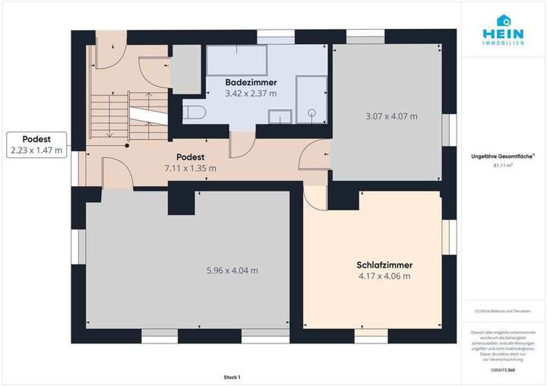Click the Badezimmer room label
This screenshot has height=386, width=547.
[x=251, y=82]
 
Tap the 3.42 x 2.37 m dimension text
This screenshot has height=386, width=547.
[x=251, y=93]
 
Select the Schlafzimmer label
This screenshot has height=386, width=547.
[x=384, y=265]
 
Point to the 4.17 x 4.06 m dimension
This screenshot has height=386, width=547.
[x=384, y=277]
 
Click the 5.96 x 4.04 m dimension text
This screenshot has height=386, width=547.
[x=232, y=271]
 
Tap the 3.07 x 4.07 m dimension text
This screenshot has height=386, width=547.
[x=391, y=116]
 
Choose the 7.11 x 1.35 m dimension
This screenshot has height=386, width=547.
[x=190, y=168]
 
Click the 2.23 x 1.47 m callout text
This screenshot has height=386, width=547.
[x=36, y=150]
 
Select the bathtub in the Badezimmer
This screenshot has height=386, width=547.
[x=236, y=59]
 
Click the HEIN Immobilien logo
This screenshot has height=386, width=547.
[x=503, y=30]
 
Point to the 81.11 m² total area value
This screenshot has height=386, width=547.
[x=503, y=163]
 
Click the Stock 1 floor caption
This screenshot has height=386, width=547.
[x=232, y=378]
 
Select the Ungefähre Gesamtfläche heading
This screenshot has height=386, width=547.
[x=503, y=156]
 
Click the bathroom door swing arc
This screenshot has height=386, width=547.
[x=242, y=146]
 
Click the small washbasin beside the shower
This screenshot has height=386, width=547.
[x=281, y=116]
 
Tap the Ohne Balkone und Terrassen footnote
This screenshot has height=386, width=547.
[x=502, y=311]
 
